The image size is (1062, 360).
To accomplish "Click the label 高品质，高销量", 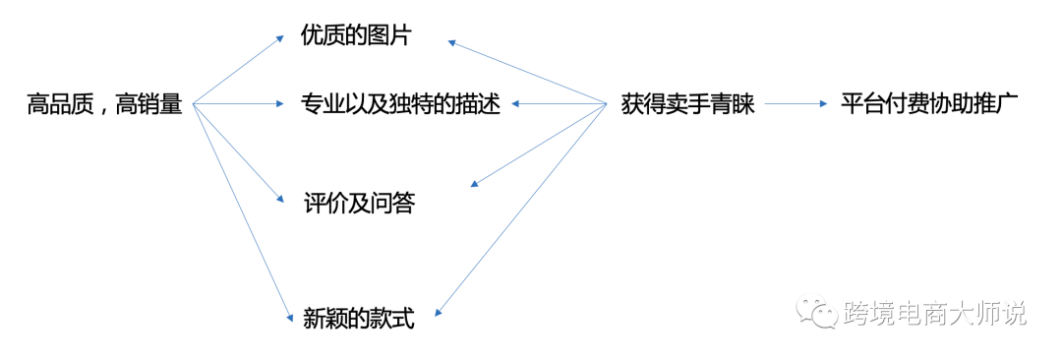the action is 105,103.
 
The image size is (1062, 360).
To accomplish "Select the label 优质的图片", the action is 356,36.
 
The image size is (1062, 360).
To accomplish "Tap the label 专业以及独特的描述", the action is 401,103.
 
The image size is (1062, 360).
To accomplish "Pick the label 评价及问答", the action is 360,203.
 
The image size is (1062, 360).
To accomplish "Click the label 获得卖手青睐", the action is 688,103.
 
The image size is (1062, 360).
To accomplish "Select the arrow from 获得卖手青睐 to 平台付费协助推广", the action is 796,103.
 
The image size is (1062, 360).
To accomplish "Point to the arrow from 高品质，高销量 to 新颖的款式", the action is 243,210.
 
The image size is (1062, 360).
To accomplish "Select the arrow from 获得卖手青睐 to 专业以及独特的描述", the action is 558,103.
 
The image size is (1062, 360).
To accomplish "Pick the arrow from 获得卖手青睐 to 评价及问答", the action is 539,144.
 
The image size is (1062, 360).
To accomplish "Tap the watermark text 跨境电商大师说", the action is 935,314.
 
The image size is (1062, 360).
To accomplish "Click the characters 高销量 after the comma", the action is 149,103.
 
